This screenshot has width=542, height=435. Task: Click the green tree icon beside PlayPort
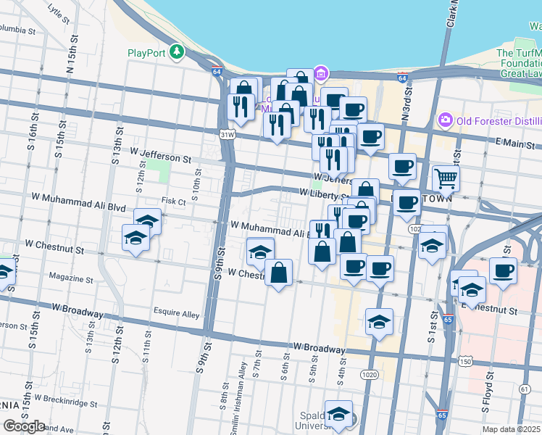click(176, 52)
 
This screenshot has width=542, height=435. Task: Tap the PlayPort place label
click(147, 52)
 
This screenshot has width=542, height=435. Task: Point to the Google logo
click(24, 426)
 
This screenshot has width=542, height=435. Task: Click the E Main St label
click(518, 145)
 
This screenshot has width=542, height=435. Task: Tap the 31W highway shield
click(228, 134)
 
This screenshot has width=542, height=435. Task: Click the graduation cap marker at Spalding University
click(338, 414)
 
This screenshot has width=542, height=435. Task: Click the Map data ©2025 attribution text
click(512, 429)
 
